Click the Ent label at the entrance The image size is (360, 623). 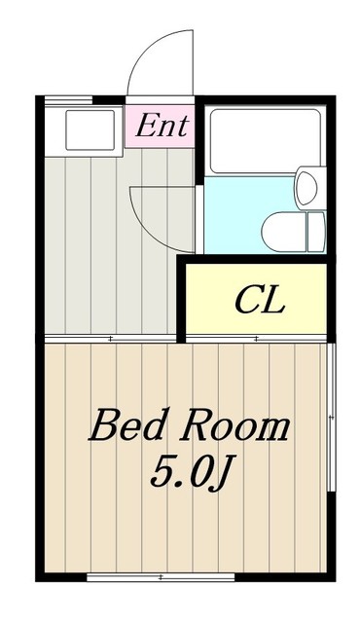click(x=162, y=125)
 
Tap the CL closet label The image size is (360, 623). click(x=259, y=301)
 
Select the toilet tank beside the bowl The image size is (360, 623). click(x=314, y=229)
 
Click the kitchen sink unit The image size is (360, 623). click(x=84, y=128)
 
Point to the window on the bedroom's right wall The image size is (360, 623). click(x=334, y=419)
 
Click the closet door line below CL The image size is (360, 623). click(x=255, y=338)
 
